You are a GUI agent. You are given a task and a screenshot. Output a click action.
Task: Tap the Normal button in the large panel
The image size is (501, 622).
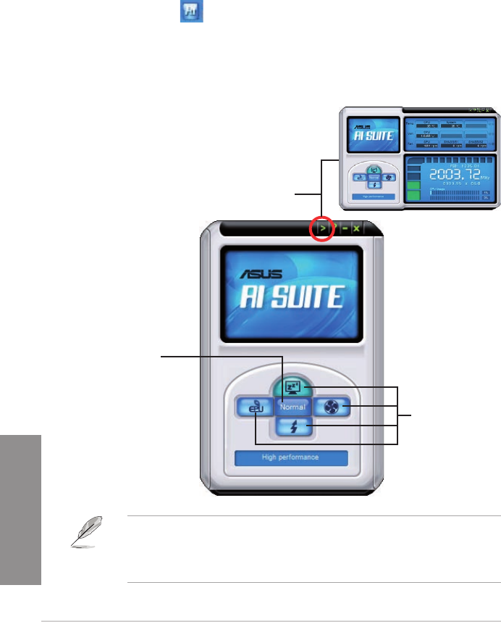293,407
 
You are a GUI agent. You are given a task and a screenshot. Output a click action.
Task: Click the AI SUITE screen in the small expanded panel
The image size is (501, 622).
372,133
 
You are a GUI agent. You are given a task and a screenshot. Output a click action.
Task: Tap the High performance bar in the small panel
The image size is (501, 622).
372,196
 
